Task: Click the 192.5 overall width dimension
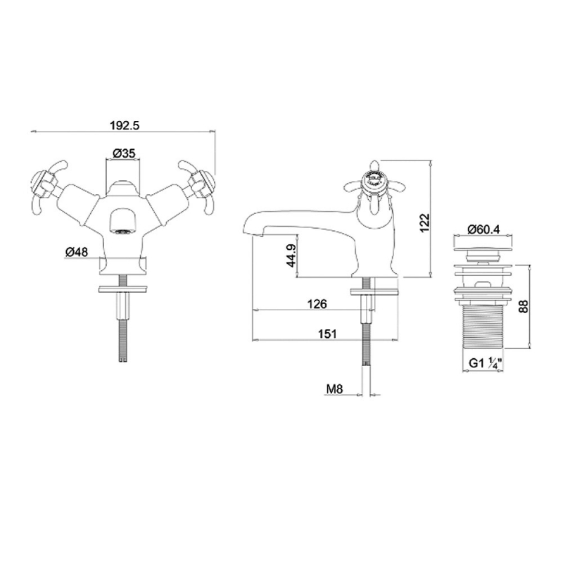[x=125, y=126]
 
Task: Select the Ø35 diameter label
[x=124, y=153]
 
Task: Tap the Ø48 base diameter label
[x=77, y=252]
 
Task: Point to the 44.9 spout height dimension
[x=291, y=255]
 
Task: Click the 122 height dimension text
[x=425, y=223]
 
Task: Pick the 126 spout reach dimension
[x=317, y=304]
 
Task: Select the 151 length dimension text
[x=327, y=334]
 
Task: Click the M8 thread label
[x=335, y=389]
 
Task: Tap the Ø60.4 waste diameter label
[x=483, y=229]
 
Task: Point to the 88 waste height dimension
[x=524, y=306]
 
